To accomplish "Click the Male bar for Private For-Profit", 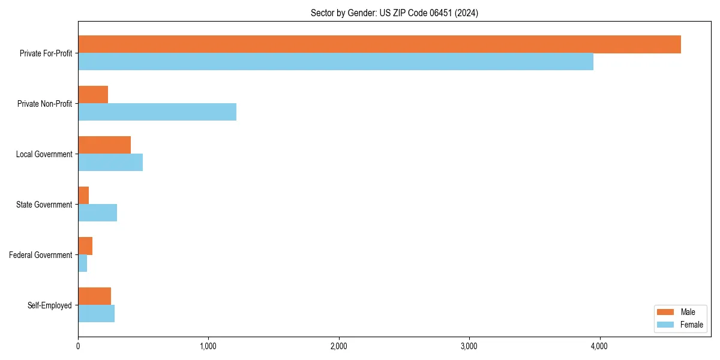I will coord(379,44).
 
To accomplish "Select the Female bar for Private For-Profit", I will coord(335,62).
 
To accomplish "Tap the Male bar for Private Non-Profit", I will coord(93,95).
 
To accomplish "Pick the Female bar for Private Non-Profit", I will coord(157,112).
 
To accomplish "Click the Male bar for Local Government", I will coord(104,145).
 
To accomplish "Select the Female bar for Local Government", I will coord(110,163).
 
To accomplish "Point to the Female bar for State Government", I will coord(97,213).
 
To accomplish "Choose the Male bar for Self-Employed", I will coord(94,296).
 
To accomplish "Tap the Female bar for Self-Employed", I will coord(96,314).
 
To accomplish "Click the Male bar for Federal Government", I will coord(85,246).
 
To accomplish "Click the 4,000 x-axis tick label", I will coord(599,346).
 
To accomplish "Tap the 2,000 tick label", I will coord(339,346).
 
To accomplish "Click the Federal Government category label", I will coord(41,255).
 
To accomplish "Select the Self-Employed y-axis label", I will coord(50,305).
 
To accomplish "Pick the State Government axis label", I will coord(44,205).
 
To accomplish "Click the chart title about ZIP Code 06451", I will coord(394,13).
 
